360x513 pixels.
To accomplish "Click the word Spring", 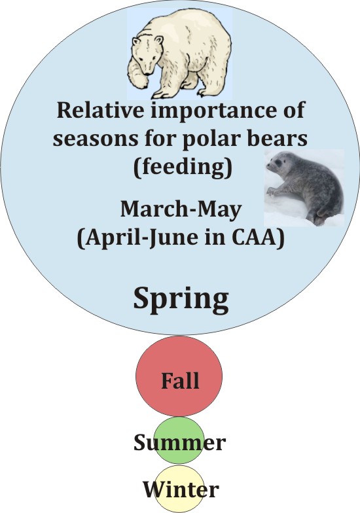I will coord(181,298).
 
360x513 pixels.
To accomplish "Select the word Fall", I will coord(179,380).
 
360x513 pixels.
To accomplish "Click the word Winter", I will coord(180,489).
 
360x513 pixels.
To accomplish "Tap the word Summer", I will coord(179,443).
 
